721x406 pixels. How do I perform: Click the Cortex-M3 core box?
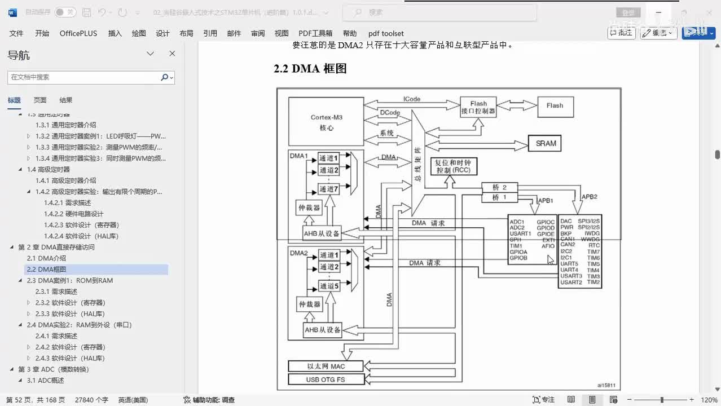(x=326, y=122)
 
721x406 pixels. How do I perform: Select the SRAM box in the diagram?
(x=545, y=143)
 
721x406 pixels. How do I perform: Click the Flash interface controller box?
(x=478, y=107)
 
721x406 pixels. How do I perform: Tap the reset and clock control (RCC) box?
(x=454, y=166)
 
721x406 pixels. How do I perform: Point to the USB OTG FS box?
(x=326, y=379)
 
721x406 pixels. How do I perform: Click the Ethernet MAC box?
(x=326, y=367)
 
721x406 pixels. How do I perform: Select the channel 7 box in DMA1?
(x=329, y=188)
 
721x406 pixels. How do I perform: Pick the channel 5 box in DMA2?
(x=329, y=286)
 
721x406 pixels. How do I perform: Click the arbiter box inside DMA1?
(x=309, y=208)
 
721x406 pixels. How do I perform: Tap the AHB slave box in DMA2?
(x=323, y=330)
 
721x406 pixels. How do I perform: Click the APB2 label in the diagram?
(x=590, y=197)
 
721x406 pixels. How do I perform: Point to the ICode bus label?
(x=412, y=99)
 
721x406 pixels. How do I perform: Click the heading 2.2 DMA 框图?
(x=310, y=69)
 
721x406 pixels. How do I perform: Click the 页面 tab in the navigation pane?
(x=40, y=100)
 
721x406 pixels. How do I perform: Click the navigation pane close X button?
(x=172, y=54)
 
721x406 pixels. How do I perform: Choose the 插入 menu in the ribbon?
(x=115, y=33)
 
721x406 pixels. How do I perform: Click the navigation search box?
(x=85, y=77)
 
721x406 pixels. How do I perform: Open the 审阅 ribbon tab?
(x=258, y=33)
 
